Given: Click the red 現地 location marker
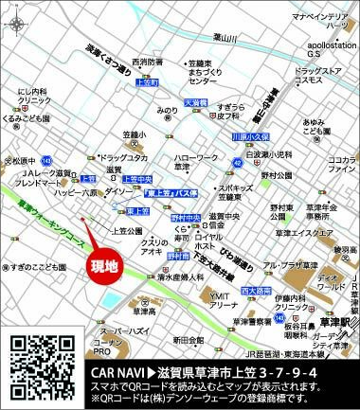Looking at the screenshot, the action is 104,265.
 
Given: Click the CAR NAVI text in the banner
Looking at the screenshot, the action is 117,366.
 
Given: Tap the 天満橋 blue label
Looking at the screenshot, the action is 195,101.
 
